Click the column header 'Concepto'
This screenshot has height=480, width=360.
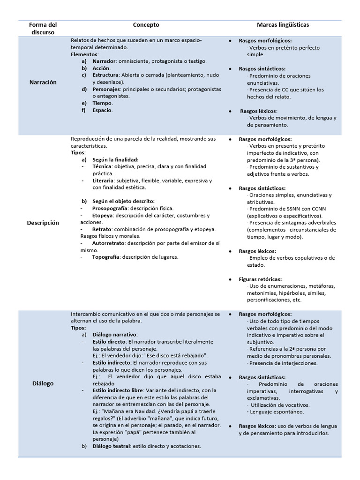(146, 25)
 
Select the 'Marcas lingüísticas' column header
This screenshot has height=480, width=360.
(283, 25)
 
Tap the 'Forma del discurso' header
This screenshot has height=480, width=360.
(42, 29)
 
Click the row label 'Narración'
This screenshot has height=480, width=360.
(43, 82)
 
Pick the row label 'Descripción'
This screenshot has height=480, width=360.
(43, 223)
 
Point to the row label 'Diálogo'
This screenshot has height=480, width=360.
(43, 383)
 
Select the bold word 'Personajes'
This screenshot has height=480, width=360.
(106, 89)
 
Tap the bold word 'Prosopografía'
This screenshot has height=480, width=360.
(110, 208)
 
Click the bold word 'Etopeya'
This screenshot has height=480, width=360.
(103, 216)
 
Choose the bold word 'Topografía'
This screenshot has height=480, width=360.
(106, 257)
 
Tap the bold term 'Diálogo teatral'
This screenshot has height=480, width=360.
(111, 446)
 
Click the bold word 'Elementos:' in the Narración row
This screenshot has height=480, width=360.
(84, 54)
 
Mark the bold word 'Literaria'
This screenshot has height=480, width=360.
(104, 180)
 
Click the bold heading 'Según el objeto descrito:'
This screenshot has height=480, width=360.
(124, 201)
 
